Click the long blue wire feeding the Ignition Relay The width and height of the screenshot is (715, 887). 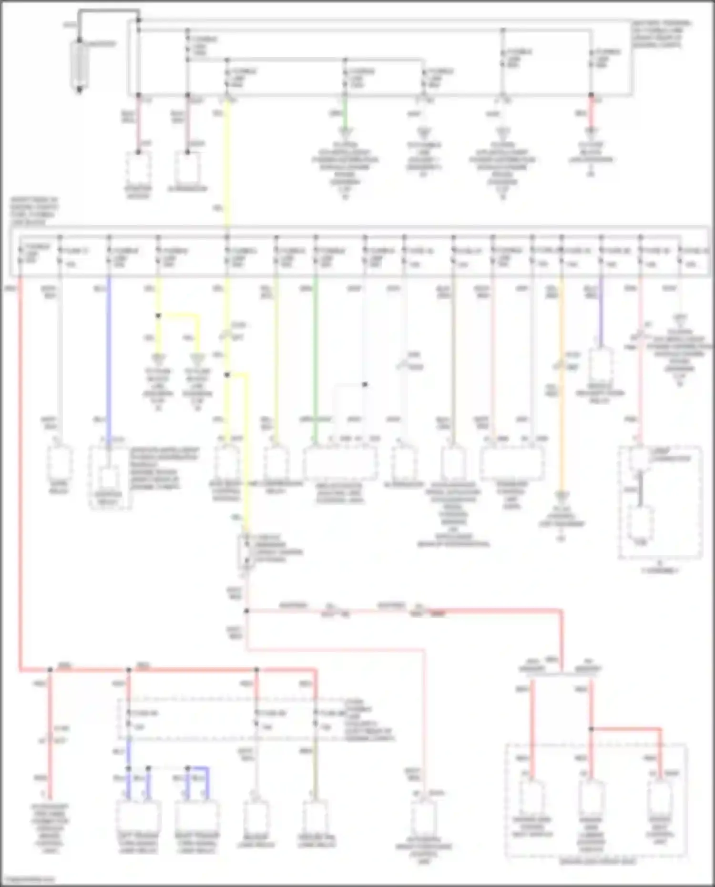[x=109, y=357]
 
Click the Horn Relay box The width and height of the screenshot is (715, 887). [x=60, y=462]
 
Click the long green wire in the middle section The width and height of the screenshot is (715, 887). [x=315, y=357]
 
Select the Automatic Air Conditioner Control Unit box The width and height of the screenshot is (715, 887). [x=423, y=817]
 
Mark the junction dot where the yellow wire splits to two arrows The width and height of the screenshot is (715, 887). [x=159, y=316]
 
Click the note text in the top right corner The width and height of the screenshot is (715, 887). [x=662, y=33]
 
